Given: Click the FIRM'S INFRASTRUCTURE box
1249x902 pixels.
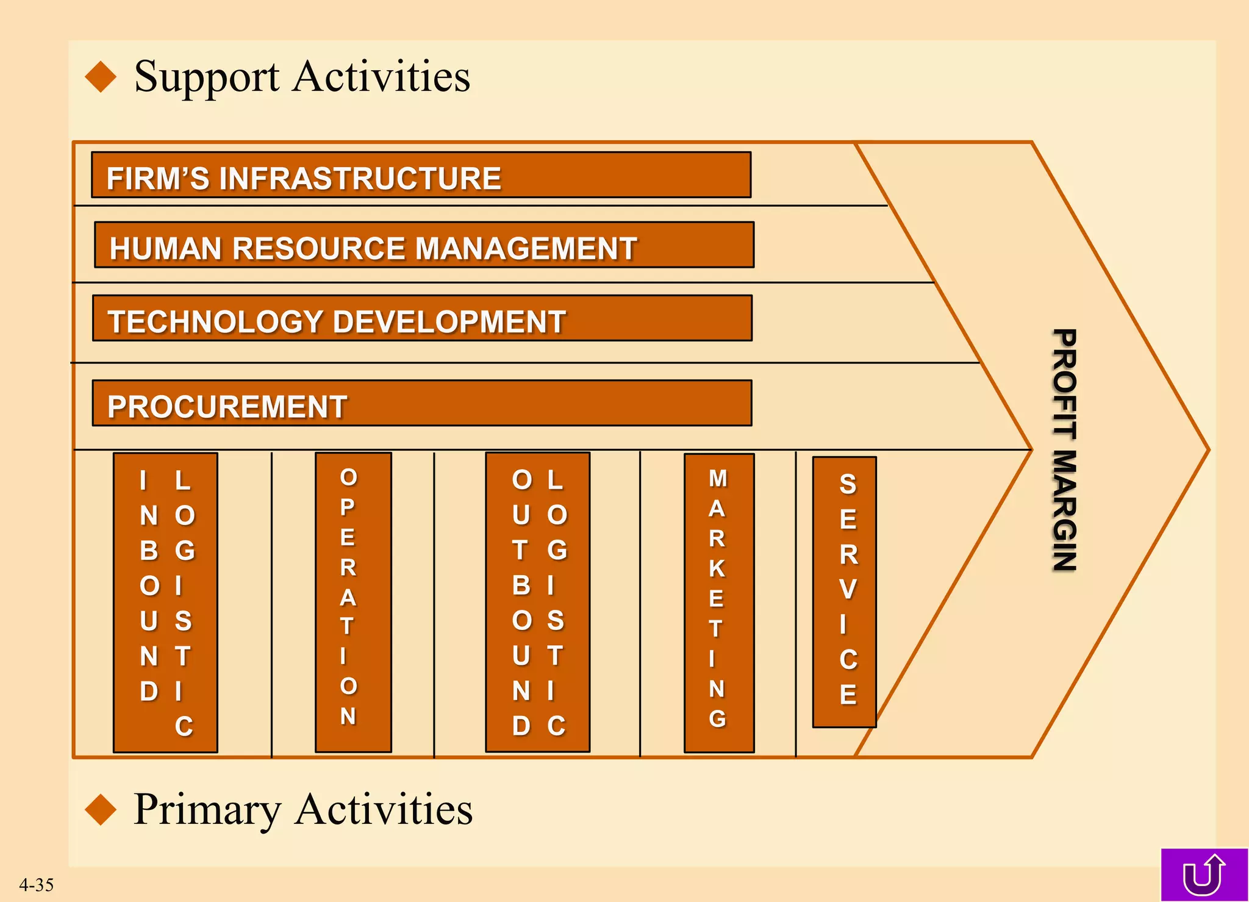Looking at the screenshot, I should click(421, 175).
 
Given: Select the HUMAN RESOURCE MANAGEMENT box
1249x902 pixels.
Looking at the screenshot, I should click(424, 245).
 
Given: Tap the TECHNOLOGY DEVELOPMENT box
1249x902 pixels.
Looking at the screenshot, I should click(422, 318).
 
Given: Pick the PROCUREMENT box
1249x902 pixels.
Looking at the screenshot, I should click(422, 403).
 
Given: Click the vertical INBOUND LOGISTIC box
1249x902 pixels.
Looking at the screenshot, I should click(165, 603).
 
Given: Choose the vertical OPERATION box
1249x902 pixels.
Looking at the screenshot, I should click(353, 603).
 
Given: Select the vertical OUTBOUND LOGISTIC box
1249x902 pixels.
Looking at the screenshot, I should click(537, 603).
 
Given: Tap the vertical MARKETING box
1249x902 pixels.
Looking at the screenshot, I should click(719, 603).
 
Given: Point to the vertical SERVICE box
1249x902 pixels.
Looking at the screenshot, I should click(845, 592).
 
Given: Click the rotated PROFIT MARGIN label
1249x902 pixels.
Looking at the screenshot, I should click(1065, 450).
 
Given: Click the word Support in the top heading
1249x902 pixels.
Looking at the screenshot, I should click(207, 77).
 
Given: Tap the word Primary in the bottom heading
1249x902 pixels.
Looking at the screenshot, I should click(207, 810).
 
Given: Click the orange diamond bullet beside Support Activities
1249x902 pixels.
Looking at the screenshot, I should click(101, 77).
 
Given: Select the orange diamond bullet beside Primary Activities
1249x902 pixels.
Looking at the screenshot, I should click(101, 810).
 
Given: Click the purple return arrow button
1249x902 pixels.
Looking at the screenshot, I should click(1204, 875).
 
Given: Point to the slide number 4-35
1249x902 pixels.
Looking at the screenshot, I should click(36, 884).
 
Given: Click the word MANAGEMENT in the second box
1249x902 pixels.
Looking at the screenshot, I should click(526, 249).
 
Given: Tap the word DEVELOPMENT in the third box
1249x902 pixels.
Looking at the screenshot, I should click(450, 322).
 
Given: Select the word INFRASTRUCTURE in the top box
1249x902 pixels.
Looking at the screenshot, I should click(360, 179).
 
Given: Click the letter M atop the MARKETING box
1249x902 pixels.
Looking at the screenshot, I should click(718, 479).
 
